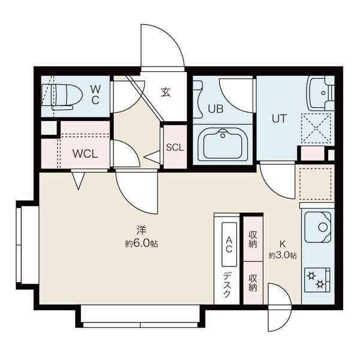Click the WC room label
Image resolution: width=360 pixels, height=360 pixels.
(95, 94)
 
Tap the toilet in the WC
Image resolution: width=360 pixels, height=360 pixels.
(62, 97)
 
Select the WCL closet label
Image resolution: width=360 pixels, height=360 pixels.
(85, 154)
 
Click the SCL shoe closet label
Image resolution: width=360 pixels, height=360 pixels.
(175, 148)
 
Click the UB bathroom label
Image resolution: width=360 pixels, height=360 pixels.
(215, 109)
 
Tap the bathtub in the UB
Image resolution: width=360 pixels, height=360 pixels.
(223, 145)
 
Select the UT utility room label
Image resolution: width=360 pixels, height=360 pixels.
(279, 118)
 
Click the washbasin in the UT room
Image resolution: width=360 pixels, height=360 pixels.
(321, 93)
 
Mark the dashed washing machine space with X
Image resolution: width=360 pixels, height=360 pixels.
(316, 128)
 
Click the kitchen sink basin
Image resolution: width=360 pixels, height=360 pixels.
(318, 227)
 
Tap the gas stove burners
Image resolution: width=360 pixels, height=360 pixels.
(317, 280)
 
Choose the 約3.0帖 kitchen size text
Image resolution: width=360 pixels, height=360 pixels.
(283, 256)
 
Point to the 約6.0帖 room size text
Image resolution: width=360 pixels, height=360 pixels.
(142, 243)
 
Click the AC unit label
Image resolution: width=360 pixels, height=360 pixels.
(229, 244)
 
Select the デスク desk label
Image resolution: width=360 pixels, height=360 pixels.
(227, 284)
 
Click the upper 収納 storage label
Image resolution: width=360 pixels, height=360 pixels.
(253, 239)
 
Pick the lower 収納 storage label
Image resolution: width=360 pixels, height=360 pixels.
(253, 283)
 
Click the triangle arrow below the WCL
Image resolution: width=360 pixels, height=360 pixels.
(78, 181)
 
